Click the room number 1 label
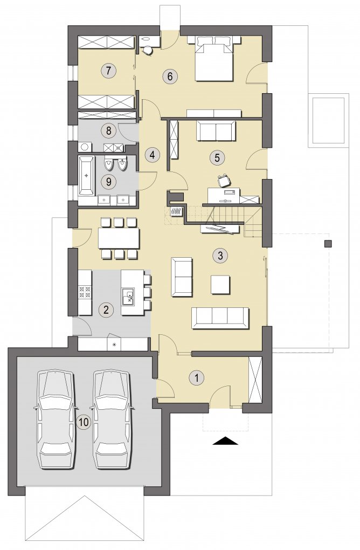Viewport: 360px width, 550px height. click(197, 378)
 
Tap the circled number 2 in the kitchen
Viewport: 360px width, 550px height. click(106, 310)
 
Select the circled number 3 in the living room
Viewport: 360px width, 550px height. click(220, 255)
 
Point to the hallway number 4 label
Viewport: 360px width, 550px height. click(152, 154)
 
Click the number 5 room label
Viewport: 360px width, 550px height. click(217, 157)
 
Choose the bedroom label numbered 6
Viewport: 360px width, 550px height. click(170, 76)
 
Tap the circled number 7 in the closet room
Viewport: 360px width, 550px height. click(108, 71)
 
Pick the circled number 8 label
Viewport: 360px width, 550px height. click(108, 131)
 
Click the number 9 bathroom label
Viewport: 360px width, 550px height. click(108, 181)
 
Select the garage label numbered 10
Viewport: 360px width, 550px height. click(84, 422)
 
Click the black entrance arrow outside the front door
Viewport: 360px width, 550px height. click(225, 441)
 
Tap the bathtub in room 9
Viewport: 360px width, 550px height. click(87, 175)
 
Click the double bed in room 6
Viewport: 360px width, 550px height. click(214, 58)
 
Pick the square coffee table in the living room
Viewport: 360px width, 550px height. click(220, 285)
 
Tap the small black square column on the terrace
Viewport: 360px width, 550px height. click(328, 244)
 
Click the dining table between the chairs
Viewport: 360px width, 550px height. click(119, 238)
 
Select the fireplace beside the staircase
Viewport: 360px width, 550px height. click(176, 211)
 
